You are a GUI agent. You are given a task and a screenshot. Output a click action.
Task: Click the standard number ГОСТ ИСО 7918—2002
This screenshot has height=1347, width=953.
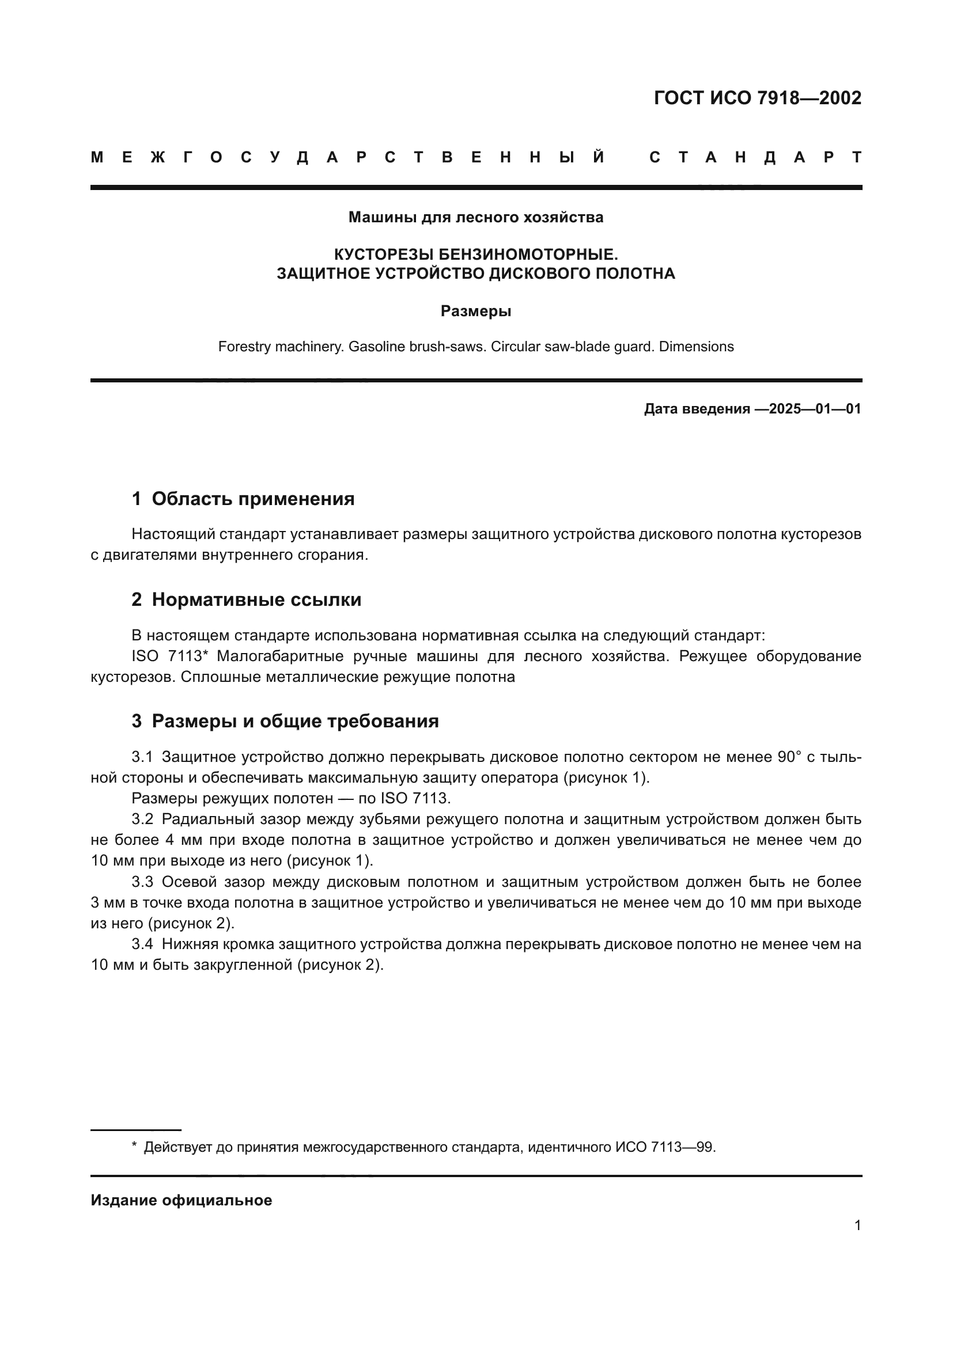(757, 98)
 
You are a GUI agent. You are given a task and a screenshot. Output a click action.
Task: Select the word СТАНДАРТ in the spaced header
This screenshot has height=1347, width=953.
(756, 157)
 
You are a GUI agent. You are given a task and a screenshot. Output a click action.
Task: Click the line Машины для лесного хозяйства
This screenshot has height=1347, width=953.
(476, 217)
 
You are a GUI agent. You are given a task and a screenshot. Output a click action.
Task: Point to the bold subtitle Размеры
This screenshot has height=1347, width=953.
(476, 311)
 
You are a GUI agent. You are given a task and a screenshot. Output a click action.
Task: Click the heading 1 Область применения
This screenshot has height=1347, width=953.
(243, 499)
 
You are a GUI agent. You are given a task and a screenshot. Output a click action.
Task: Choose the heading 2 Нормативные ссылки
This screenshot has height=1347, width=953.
(247, 599)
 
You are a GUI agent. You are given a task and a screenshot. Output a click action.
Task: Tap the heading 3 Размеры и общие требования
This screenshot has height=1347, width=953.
(285, 720)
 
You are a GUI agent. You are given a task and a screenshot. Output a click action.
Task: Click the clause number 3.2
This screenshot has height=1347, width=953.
(142, 819)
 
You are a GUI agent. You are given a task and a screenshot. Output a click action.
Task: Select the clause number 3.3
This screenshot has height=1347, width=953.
(142, 882)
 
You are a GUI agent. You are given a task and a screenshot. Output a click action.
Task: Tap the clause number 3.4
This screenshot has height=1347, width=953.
(142, 944)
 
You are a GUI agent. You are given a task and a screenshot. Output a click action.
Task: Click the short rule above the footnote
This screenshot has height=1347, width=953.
(135, 1129)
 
